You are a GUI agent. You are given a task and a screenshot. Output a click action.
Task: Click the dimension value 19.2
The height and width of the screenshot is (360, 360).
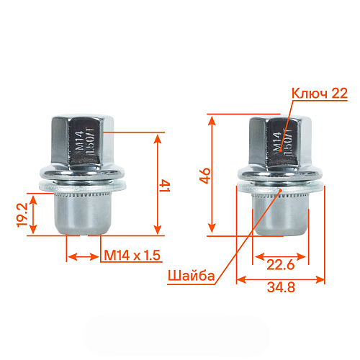pyautogui.click(x=22, y=214)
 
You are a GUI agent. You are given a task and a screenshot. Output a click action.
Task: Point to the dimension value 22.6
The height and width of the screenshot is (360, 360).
pyautogui.click(x=279, y=264)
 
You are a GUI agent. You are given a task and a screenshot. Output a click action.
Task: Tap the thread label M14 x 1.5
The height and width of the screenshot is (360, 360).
pyautogui.click(x=132, y=256)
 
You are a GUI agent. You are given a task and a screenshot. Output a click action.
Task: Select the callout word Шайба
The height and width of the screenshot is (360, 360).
pyautogui.click(x=190, y=275)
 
